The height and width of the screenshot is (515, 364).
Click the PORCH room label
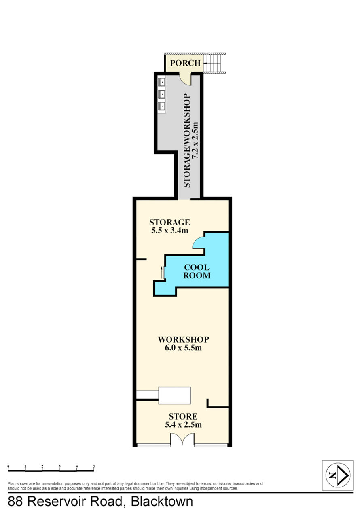[185, 63]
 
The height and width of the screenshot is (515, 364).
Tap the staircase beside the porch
[214, 63]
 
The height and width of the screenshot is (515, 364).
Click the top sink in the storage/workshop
[162, 82]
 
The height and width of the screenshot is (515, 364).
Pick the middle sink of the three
[162, 94]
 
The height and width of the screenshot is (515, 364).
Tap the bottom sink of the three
[162, 106]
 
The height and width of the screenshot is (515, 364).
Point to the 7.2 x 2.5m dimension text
[195, 140]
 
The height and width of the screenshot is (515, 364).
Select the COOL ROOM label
[197, 271]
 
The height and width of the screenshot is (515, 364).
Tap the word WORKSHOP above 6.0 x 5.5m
[183, 339]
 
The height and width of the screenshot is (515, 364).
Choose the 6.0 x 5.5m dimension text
[183, 348]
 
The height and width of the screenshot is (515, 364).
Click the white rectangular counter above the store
[175, 395]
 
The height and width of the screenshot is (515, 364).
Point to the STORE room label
[183, 416]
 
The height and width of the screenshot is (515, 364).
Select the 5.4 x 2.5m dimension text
[183, 425]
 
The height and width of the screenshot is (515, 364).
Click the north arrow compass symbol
[338, 475]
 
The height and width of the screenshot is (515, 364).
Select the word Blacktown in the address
[162, 501]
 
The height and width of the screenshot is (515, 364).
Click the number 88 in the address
[15, 502]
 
